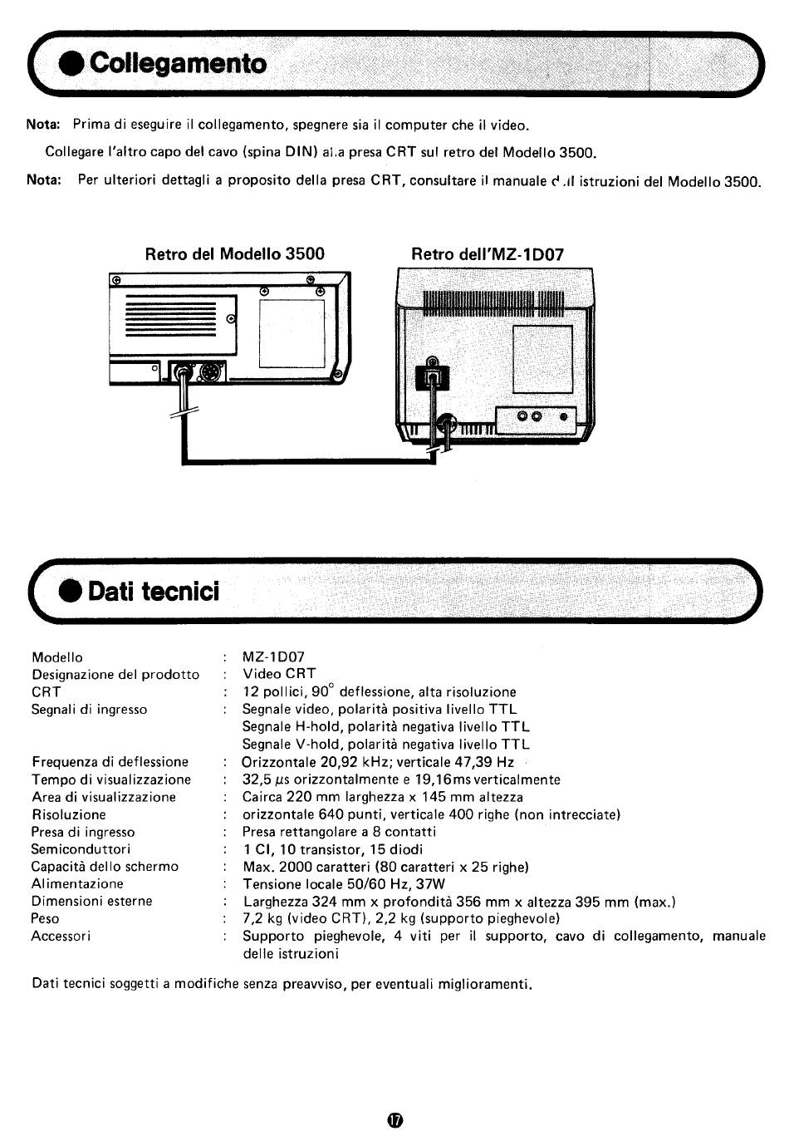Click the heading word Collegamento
click(179, 63)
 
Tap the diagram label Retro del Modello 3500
click(235, 253)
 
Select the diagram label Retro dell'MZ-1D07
click(488, 254)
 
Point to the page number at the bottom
click(394, 1119)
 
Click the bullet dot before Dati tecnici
click(71, 592)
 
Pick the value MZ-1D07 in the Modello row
click(273, 657)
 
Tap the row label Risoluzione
click(69, 814)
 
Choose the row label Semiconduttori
click(81, 849)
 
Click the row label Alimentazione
click(77, 883)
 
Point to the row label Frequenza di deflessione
click(110, 762)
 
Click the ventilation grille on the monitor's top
click(493, 304)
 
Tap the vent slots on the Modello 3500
click(169, 319)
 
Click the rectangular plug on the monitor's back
click(433, 377)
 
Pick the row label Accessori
click(61, 936)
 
